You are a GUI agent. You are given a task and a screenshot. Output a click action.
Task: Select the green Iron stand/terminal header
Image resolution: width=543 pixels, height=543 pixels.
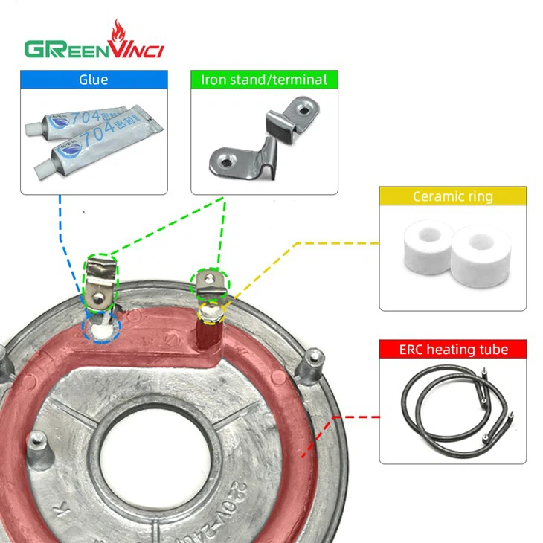pyautogui.click(x=264, y=80)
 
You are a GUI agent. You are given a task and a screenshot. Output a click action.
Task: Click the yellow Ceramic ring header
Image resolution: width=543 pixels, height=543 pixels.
pyautogui.click(x=452, y=196)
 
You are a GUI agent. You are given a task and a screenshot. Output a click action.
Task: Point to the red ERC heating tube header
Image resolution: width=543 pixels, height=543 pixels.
pyautogui.click(x=452, y=349)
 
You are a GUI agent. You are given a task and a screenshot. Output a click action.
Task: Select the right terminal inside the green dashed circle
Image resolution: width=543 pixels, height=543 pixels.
pyautogui.click(x=211, y=283)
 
